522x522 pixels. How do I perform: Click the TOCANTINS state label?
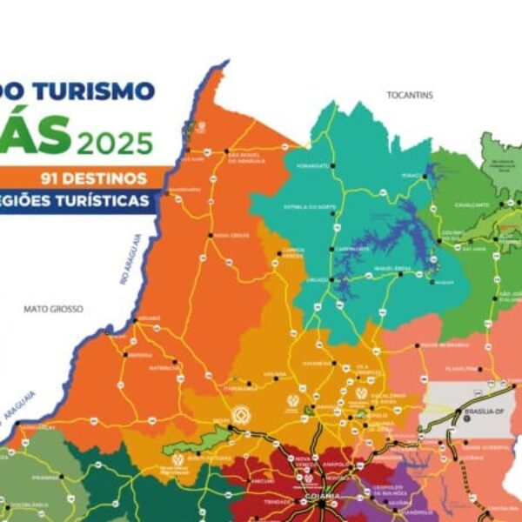[x=410, y=95]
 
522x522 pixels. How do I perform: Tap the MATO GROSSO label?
[x=53, y=309]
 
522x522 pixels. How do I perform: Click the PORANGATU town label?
[x=312, y=165]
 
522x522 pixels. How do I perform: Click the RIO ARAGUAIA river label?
[x=129, y=259]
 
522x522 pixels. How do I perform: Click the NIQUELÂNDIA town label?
[x=386, y=269]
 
